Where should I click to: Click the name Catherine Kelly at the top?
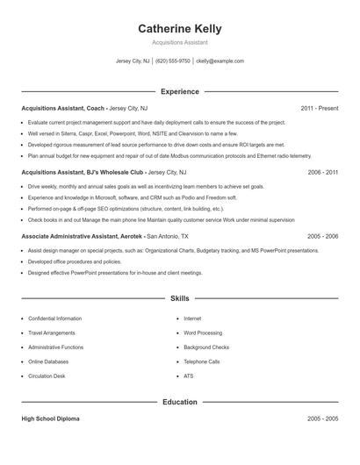point(179,29)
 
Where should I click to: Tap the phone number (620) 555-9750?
point(173,61)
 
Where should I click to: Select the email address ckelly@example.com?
point(220,61)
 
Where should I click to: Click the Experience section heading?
point(179,91)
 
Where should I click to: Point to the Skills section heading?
point(179,299)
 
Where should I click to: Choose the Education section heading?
point(179,402)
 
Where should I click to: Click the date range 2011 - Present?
point(319,109)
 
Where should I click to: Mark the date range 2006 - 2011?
point(322,173)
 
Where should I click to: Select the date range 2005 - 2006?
point(322,237)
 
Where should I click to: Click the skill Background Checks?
point(207,347)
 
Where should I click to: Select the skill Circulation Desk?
point(47,376)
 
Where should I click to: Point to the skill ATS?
point(189,376)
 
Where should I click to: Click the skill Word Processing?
point(203,333)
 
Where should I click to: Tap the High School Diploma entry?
point(50,419)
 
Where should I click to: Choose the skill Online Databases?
point(49,361)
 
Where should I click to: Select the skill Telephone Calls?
point(202,361)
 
